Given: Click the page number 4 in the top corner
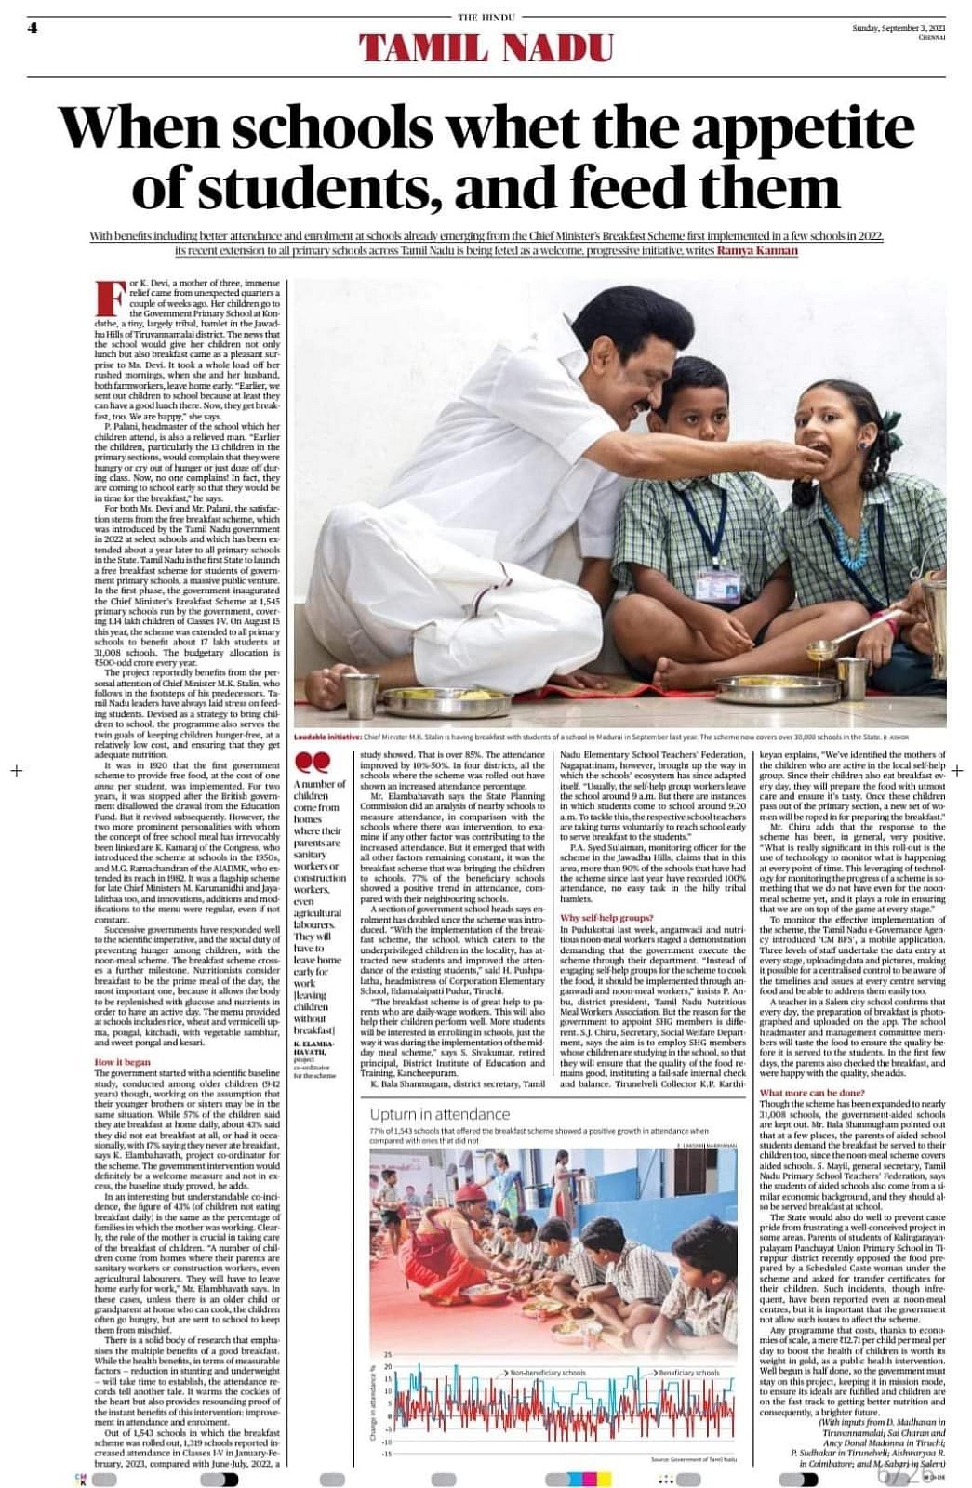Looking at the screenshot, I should coord(33,28).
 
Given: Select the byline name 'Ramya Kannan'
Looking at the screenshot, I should coord(758,250).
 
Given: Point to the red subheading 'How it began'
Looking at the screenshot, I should coord(122,1061).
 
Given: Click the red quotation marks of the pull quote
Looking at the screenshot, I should coord(316,762).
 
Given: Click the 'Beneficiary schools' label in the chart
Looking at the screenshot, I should coord(688,1372).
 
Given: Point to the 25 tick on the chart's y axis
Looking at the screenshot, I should coord(388,1354).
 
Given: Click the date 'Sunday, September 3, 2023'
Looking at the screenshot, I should coord(898,28).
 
